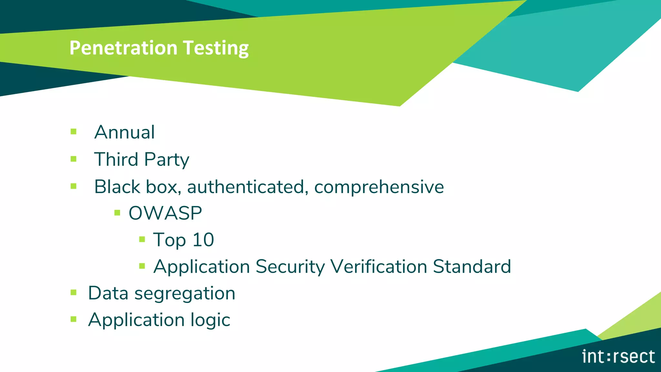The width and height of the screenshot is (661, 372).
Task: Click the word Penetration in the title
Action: pyautogui.click(x=123, y=48)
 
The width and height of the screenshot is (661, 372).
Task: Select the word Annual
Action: pyautogui.click(x=125, y=132)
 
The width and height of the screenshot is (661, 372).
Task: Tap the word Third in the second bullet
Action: pyautogui.click(x=116, y=159)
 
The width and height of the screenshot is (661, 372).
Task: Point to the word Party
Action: pyautogui.click(x=167, y=160)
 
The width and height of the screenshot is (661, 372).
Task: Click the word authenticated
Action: pyautogui.click(x=246, y=187)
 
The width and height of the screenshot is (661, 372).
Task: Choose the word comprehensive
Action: pyautogui.click(x=379, y=187)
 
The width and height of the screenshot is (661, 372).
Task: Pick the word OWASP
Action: pyautogui.click(x=165, y=213)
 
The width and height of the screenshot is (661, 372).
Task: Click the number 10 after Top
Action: pyautogui.click(x=203, y=240)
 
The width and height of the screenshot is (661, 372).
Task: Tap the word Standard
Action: pyautogui.click(x=472, y=266)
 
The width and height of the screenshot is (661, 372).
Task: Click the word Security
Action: pyautogui.click(x=290, y=267)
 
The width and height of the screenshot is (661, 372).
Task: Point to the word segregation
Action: pyautogui.click(x=185, y=294)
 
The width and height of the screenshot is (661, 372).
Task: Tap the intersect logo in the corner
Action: pyautogui.click(x=618, y=356)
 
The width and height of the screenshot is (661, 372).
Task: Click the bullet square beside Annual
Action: pyautogui.click(x=74, y=132)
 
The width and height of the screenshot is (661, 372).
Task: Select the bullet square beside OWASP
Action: pyautogui.click(x=117, y=213)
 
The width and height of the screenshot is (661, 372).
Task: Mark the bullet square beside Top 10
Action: pyautogui.click(x=142, y=239)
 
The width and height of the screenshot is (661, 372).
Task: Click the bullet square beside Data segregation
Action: pyautogui.click(x=74, y=293)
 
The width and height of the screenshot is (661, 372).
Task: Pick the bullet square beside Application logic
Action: pyautogui.click(x=74, y=319)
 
